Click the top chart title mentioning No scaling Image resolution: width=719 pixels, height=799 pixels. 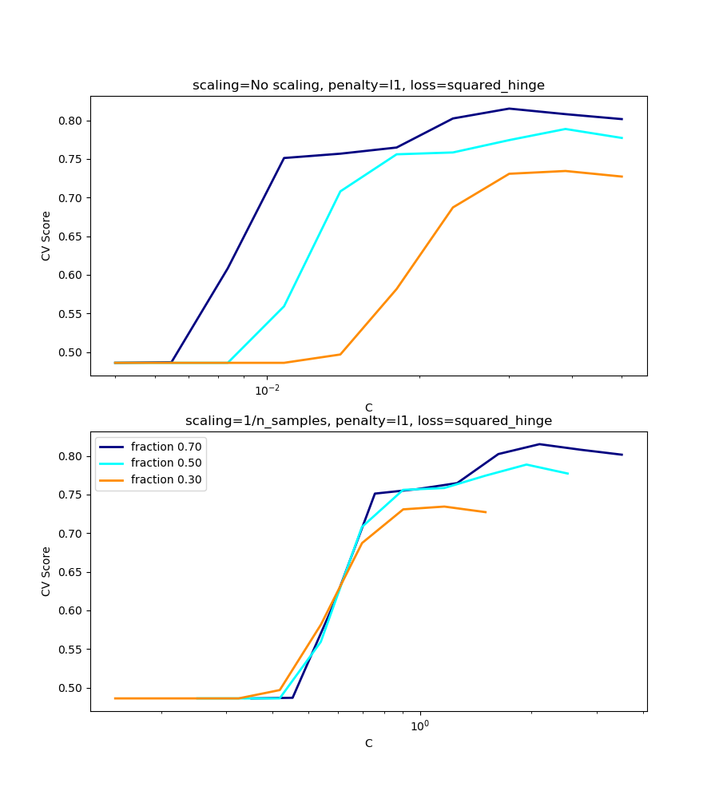coord(368,85)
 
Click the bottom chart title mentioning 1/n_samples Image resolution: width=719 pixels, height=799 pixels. coord(368,421)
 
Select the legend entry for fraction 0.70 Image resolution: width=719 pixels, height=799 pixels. coord(166,447)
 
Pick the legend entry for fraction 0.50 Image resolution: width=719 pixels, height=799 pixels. coord(166,463)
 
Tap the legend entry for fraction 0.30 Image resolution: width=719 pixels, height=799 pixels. coord(166,479)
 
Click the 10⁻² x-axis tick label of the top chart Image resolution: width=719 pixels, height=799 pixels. coord(267,391)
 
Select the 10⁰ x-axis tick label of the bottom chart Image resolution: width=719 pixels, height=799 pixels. coord(419,726)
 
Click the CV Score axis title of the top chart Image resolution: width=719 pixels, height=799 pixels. coord(46,236)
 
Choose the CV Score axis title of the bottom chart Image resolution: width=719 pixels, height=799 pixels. coord(46,571)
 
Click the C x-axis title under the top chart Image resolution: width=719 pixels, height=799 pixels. coord(368,407)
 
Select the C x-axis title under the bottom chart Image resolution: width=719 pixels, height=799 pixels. coord(368,743)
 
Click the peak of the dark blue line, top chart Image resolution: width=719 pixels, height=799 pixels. coord(509,109)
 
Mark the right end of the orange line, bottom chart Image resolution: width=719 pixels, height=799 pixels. coord(486,512)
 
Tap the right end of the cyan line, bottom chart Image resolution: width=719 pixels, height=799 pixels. coord(568,474)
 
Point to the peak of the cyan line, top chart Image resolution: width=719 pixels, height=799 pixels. coord(566,129)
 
